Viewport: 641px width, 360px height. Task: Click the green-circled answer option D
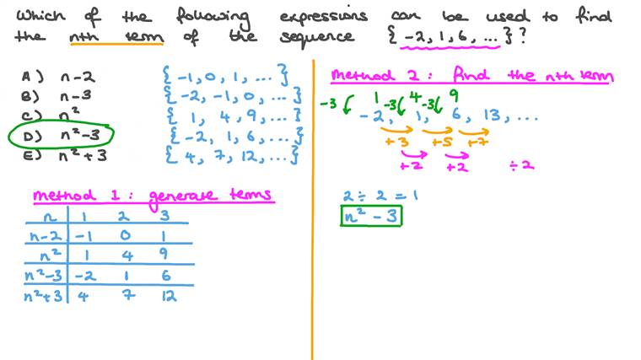(61, 134)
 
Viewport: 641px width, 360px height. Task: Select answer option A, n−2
(58, 77)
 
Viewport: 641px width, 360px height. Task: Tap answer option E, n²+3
(65, 155)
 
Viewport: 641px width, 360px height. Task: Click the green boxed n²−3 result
(371, 215)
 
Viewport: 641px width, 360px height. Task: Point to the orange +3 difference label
(396, 142)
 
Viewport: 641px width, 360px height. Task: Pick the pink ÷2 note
(522, 165)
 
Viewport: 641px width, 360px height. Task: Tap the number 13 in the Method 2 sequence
(493, 116)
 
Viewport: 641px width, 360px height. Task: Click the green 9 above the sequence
(454, 96)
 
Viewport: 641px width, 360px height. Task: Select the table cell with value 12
(169, 295)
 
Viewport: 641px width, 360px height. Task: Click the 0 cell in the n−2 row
(126, 235)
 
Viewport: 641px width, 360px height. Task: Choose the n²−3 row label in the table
(43, 275)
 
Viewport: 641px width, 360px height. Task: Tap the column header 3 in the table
(164, 215)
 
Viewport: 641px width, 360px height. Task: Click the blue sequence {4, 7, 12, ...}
(232, 155)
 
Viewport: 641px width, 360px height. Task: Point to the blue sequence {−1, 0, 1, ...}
(225, 75)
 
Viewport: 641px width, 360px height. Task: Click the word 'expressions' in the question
(323, 17)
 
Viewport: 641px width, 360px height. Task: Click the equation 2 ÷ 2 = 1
(380, 196)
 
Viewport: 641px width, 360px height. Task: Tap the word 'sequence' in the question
(317, 37)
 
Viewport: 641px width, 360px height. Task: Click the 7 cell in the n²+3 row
(128, 294)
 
